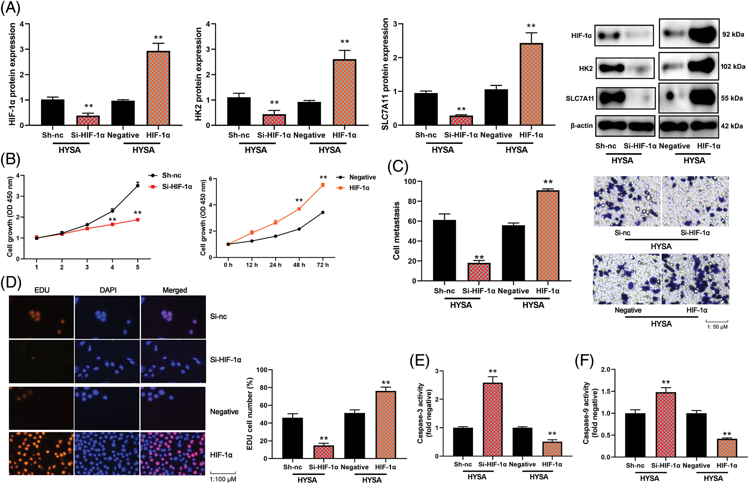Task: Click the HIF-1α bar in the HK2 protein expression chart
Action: pos(344,92)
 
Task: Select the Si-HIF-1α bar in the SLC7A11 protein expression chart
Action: pos(461,120)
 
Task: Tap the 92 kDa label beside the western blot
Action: pos(733,34)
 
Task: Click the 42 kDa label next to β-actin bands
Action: pos(732,126)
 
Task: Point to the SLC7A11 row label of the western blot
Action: pos(579,98)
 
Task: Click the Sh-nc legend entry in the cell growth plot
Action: pos(171,175)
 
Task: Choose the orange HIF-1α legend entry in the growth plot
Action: pos(359,188)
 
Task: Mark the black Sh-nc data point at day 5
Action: pos(138,186)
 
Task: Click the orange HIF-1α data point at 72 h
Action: pos(323,185)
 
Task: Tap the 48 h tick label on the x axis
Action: pos(299,265)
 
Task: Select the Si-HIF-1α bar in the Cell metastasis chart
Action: pos(479,272)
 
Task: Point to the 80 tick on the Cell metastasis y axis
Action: pos(412,201)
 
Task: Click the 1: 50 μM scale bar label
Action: pos(717,327)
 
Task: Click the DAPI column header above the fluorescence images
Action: pos(108,290)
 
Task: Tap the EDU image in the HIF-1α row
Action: pos(41,454)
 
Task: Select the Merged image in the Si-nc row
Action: pos(173,317)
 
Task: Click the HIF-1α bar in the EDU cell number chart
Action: pos(385,425)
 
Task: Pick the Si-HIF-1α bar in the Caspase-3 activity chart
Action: pos(492,419)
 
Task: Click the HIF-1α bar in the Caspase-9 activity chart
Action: pos(727,448)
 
